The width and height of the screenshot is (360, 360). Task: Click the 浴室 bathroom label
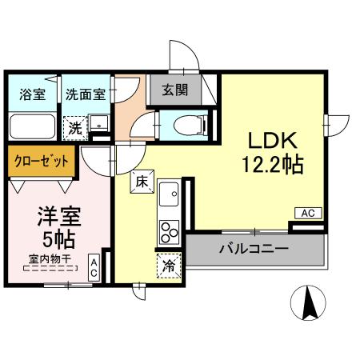(x=32, y=93)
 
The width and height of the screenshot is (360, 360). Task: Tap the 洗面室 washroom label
(x=84, y=93)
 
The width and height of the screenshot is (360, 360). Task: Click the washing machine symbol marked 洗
(x=74, y=126)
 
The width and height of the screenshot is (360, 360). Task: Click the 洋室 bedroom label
(x=52, y=216)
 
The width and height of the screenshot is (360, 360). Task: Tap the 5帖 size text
(x=53, y=239)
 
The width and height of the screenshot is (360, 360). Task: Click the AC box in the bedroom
(x=94, y=267)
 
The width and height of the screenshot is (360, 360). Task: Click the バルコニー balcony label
(x=254, y=249)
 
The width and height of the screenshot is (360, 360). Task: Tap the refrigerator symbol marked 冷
(x=169, y=266)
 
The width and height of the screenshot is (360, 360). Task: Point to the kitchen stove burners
(x=170, y=231)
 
